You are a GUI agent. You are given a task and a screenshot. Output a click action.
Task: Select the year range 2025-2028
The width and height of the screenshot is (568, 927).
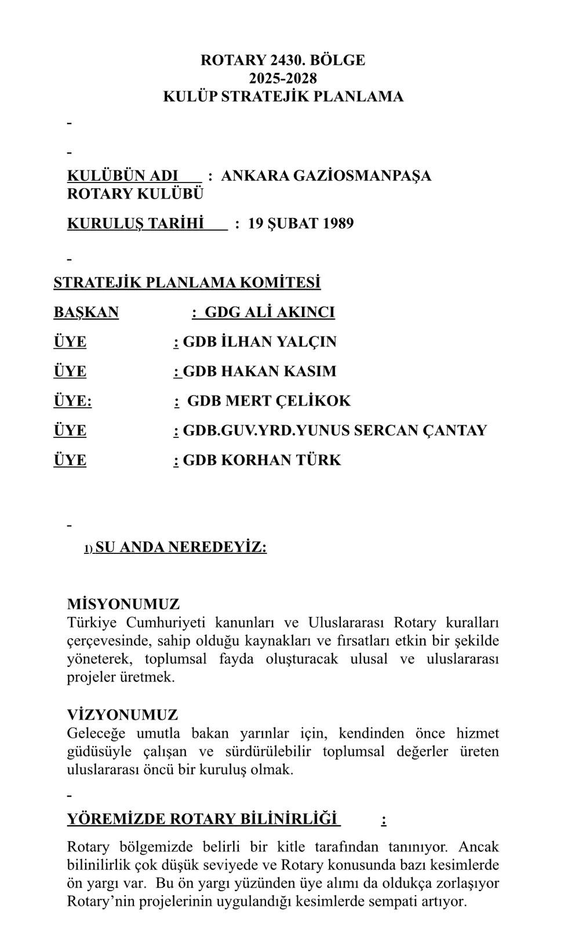click(283, 78)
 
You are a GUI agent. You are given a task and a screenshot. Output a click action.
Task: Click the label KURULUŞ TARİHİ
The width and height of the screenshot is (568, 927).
click(136, 224)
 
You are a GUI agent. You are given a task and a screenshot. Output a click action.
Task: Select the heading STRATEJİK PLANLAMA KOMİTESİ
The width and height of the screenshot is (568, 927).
click(187, 283)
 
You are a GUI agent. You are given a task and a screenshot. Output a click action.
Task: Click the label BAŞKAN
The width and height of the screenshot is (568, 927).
click(86, 312)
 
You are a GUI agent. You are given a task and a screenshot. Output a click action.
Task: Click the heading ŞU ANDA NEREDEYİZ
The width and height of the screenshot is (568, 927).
click(180, 548)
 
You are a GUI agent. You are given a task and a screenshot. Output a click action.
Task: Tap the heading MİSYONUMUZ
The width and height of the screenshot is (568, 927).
click(123, 604)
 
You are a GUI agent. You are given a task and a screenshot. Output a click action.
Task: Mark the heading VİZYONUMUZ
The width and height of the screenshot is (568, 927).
click(123, 715)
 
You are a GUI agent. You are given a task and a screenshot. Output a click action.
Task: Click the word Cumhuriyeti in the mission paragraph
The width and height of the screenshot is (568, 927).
click(166, 623)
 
